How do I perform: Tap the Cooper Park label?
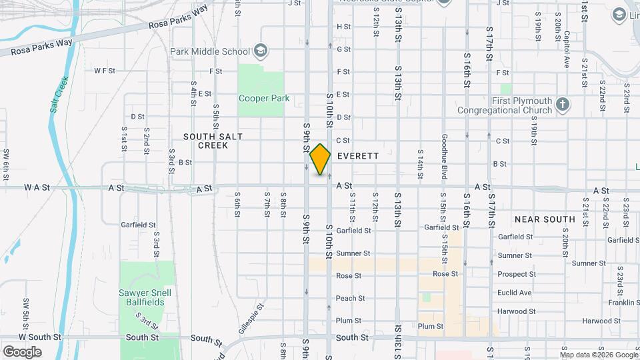[x=264, y=99]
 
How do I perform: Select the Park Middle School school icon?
[x=260, y=51]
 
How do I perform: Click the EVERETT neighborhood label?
[x=358, y=156]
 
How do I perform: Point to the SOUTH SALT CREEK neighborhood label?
[x=213, y=141]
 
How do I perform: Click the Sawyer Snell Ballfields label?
[x=145, y=297]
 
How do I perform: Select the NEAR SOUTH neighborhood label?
[x=545, y=219]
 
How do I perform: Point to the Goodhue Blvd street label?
[x=444, y=157]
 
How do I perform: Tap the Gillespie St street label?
[x=251, y=318]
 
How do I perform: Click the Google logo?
[x=22, y=352]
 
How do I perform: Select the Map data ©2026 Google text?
[x=599, y=355]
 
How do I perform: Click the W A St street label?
[x=37, y=188]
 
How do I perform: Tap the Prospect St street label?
[x=516, y=275]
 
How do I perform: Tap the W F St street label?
[x=105, y=70]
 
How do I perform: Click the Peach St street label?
[x=349, y=298]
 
